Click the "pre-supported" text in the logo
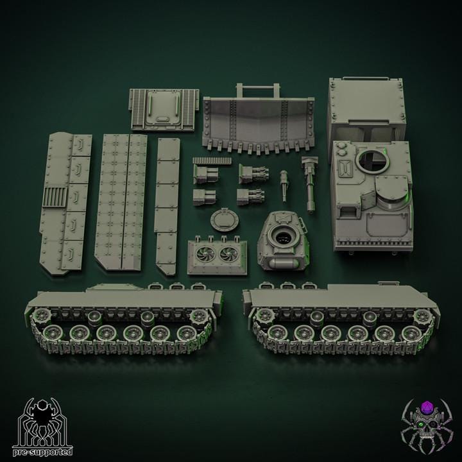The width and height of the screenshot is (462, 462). coord(43,451)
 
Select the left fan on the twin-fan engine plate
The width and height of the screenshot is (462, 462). coord(205,255)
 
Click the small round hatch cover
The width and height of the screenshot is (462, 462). coord(225,220)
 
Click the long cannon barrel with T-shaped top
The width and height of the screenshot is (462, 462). coord(309,184)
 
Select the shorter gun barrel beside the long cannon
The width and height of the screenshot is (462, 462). coord(284,185)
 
